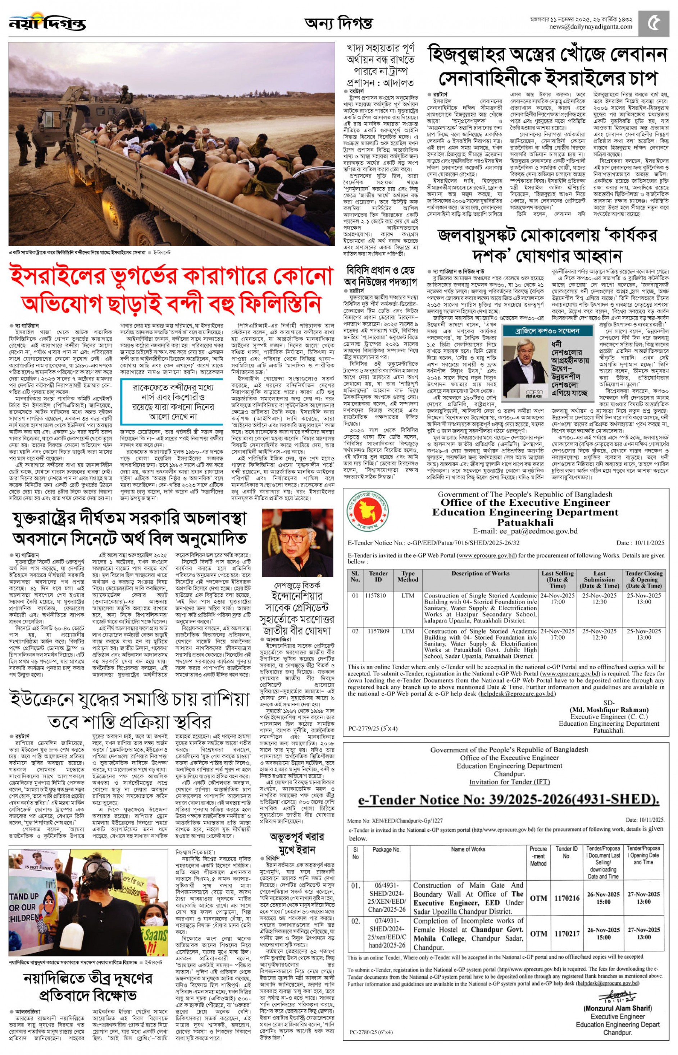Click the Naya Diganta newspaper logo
(47, 23)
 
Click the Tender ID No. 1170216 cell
(567, 898)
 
